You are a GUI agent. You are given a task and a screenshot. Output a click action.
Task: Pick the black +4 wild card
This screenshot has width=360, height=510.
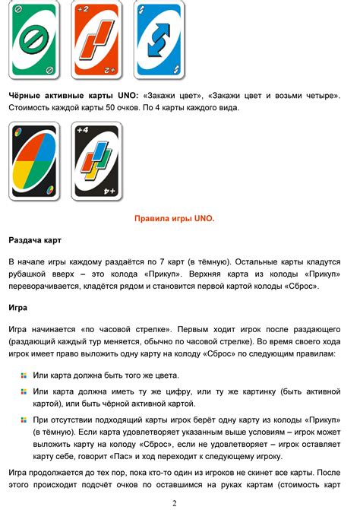click(x=96, y=162)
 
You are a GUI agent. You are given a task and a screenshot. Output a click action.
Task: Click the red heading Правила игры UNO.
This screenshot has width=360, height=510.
click(x=175, y=219)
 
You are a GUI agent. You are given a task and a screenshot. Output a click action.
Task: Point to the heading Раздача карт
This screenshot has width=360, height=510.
click(x=35, y=239)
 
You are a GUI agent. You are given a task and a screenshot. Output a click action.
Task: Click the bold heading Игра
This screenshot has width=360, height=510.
click(x=19, y=308)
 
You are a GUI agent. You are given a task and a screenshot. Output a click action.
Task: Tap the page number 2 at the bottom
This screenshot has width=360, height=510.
click(x=175, y=502)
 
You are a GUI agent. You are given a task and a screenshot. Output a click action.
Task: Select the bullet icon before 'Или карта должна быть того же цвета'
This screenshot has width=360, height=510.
click(x=24, y=375)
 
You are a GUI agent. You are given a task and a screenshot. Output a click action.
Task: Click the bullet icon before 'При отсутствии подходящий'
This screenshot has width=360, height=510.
click(x=24, y=419)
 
